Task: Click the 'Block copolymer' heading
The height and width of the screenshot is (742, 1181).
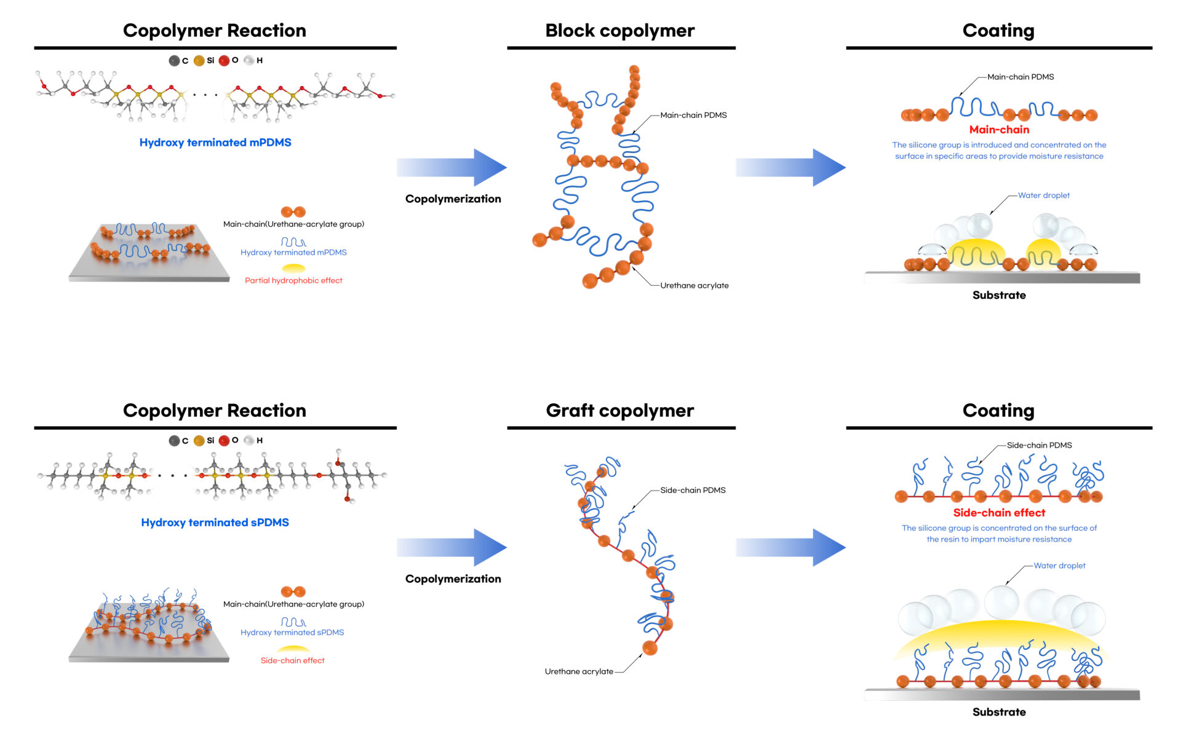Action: click(619, 30)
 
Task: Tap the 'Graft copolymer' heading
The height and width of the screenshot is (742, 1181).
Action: click(619, 410)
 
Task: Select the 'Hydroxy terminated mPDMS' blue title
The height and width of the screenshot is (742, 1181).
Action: click(215, 142)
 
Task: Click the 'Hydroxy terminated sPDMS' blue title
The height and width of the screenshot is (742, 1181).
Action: click(215, 522)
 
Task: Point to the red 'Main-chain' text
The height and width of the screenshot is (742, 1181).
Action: click(999, 129)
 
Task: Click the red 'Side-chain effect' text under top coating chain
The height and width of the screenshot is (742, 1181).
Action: click(999, 512)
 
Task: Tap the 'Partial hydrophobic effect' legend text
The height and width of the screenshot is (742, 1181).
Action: click(293, 280)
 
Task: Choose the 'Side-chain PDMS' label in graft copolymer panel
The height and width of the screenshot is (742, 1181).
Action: click(693, 490)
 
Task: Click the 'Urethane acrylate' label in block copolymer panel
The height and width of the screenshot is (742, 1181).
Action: click(694, 285)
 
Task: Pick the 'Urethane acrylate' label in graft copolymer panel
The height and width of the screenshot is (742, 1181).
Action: click(579, 671)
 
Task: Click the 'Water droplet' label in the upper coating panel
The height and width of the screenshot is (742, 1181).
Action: click(1043, 195)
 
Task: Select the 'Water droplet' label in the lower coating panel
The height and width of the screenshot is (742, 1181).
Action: click(1059, 566)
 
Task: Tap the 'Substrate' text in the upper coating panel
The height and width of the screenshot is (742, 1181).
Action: click(999, 295)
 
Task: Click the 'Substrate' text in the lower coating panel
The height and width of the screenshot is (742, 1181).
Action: click(999, 712)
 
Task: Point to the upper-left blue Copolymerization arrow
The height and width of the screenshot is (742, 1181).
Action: click(453, 167)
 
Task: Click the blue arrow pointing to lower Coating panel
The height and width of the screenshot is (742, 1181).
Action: click(791, 547)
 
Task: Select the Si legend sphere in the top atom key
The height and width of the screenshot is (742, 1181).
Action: click(199, 60)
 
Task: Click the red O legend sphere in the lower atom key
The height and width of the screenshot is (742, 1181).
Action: click(224, 440)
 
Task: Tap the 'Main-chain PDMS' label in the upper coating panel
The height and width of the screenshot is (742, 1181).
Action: click(1020, 77)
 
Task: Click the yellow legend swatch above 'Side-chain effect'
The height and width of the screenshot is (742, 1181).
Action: click(293, 649)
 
